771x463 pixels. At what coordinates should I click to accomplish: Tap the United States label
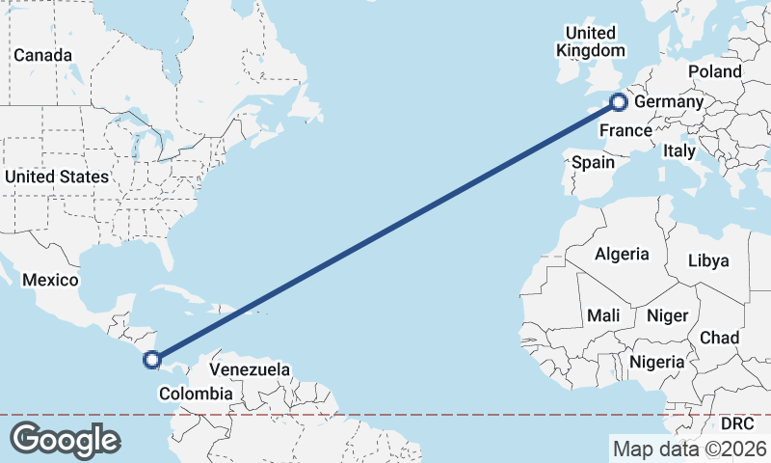point(57,177)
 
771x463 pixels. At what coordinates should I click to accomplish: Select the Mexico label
point(49,280)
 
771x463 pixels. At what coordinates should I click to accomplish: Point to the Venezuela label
point(250,369)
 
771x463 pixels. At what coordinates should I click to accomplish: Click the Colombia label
point(196,394)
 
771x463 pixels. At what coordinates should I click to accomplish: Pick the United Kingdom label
point(591,41)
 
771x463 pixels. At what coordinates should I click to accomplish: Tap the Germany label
point(669,102)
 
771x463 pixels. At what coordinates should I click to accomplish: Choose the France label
point(625,130)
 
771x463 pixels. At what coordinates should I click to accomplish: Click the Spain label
point(593,162)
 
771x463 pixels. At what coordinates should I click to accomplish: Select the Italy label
point(678,151)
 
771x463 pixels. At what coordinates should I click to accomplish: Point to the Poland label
point(715,72)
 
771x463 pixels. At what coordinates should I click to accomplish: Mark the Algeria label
point(622,255)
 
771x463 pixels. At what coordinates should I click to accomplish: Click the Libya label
point(708,260)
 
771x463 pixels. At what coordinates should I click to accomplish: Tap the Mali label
point(603,315)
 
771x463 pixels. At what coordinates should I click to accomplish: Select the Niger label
point(667,315)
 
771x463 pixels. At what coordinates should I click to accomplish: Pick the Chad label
point(720,338)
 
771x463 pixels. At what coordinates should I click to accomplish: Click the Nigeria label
point(656,362)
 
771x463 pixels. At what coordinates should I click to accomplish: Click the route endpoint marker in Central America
point(151,361)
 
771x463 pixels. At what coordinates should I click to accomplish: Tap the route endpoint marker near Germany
point(620,100)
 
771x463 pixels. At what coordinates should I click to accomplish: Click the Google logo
point(65,439)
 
